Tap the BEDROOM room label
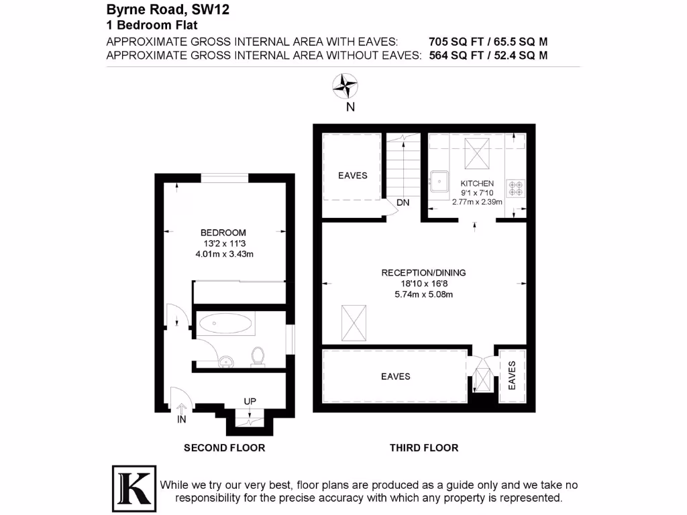223,233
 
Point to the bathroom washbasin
227,361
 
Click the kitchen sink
439,180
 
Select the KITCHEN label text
477,184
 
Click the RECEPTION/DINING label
423,273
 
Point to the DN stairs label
403,203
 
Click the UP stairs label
250,402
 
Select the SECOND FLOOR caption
224,448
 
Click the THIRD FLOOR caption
424,448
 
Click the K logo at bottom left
132,485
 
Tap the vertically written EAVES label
512,376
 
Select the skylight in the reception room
355,322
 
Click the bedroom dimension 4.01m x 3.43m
223,254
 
